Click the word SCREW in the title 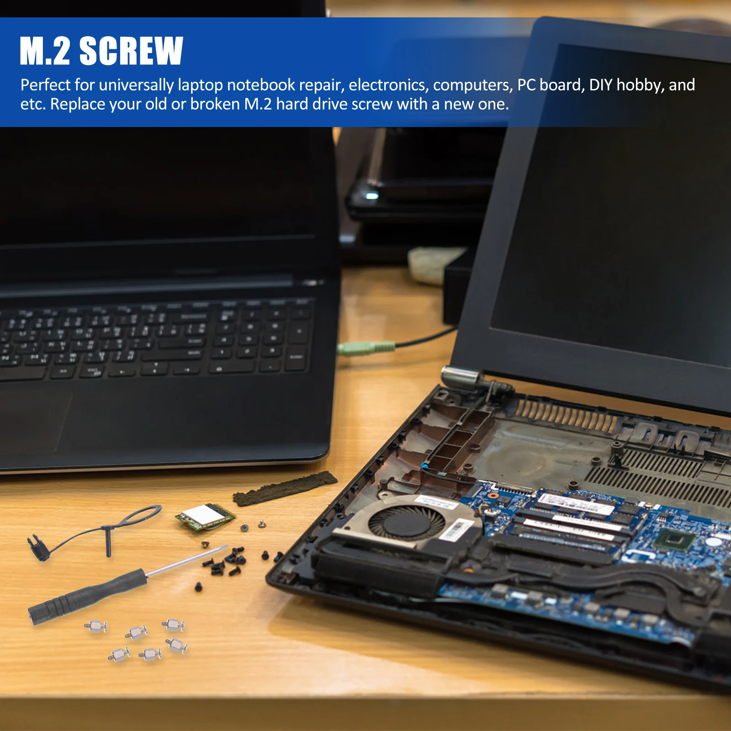coord(132,51)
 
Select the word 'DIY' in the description coord(600,85)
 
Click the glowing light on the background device coord(371,196)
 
